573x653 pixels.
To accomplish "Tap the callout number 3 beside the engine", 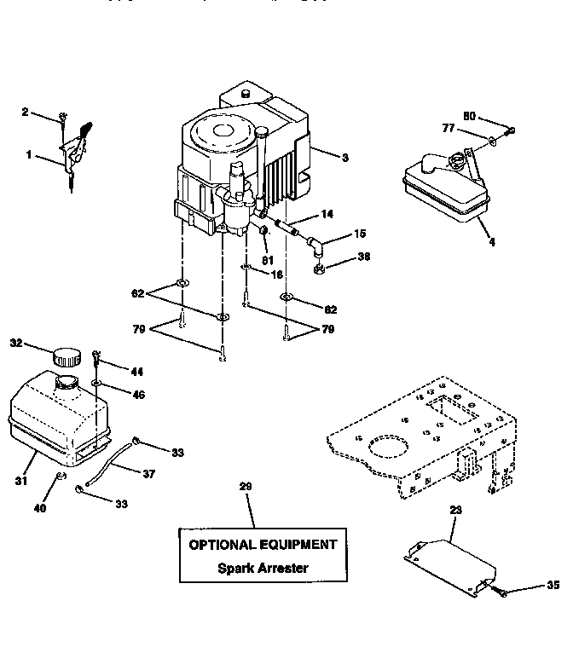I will pyautogui.click(x=344, y=157).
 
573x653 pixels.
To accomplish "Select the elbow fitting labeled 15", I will pyautogui.click(x=315, y=247).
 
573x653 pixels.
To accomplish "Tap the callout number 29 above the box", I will pyautogui.click(x=246, y=487).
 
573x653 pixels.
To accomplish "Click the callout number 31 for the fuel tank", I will pyautogui.click(x=20, y=483).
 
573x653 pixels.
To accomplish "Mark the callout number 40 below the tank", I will pyautogui.click(x=39, y=509).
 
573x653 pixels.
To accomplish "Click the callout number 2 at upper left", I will pyautogui.click(x=26, y=112).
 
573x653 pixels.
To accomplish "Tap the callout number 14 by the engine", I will pyautogui.click(x=327, y=214).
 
